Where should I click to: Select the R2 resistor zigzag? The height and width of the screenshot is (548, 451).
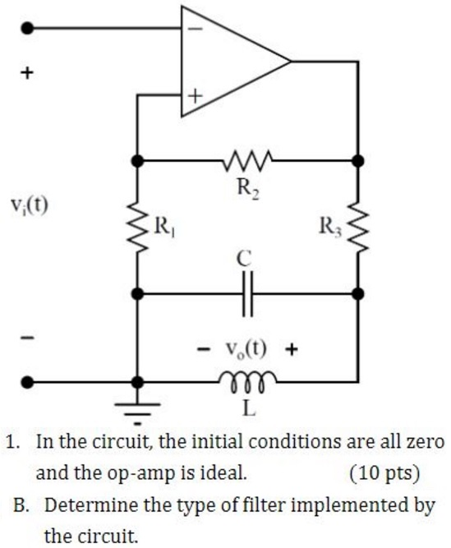point(247,159)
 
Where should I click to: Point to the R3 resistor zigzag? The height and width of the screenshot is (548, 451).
point(358,226)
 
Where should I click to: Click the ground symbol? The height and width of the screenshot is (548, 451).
point(138,404)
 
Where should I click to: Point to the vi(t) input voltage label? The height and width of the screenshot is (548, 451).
point(29,203)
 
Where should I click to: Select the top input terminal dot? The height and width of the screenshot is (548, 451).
point(29,28)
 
